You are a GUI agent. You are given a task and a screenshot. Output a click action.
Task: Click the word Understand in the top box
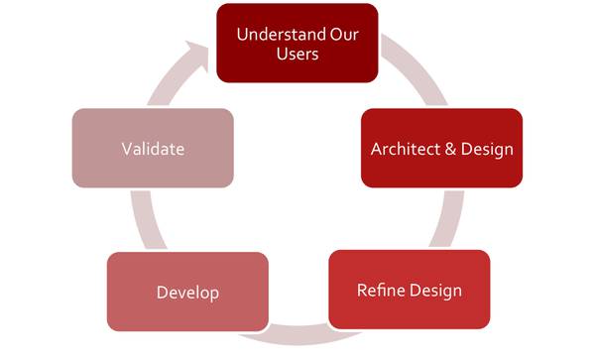point(282,35)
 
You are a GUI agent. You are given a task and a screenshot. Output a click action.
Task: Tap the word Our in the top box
point(344,35)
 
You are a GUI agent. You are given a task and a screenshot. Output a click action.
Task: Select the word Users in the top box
point(297,55)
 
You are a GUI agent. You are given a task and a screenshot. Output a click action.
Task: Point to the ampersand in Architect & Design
point(450,149)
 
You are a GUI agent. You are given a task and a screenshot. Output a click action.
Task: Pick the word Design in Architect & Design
point(487,150)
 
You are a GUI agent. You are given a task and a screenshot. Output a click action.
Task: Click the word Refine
point(381,291)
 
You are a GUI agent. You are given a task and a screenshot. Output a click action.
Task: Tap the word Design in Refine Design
point(435,292)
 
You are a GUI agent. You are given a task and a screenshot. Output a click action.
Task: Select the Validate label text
point(153,149)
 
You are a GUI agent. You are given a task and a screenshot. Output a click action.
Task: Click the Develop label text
point(187,294)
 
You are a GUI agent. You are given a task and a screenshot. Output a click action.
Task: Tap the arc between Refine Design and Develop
point(298,335)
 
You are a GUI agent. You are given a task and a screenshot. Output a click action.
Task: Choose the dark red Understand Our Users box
point(297,43)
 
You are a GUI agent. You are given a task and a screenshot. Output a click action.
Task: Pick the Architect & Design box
point(441,148)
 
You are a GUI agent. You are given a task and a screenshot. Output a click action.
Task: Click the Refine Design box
point(410,290)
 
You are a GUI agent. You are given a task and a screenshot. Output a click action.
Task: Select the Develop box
point(187,292)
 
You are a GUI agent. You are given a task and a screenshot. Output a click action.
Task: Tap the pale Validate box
point(153,148)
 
